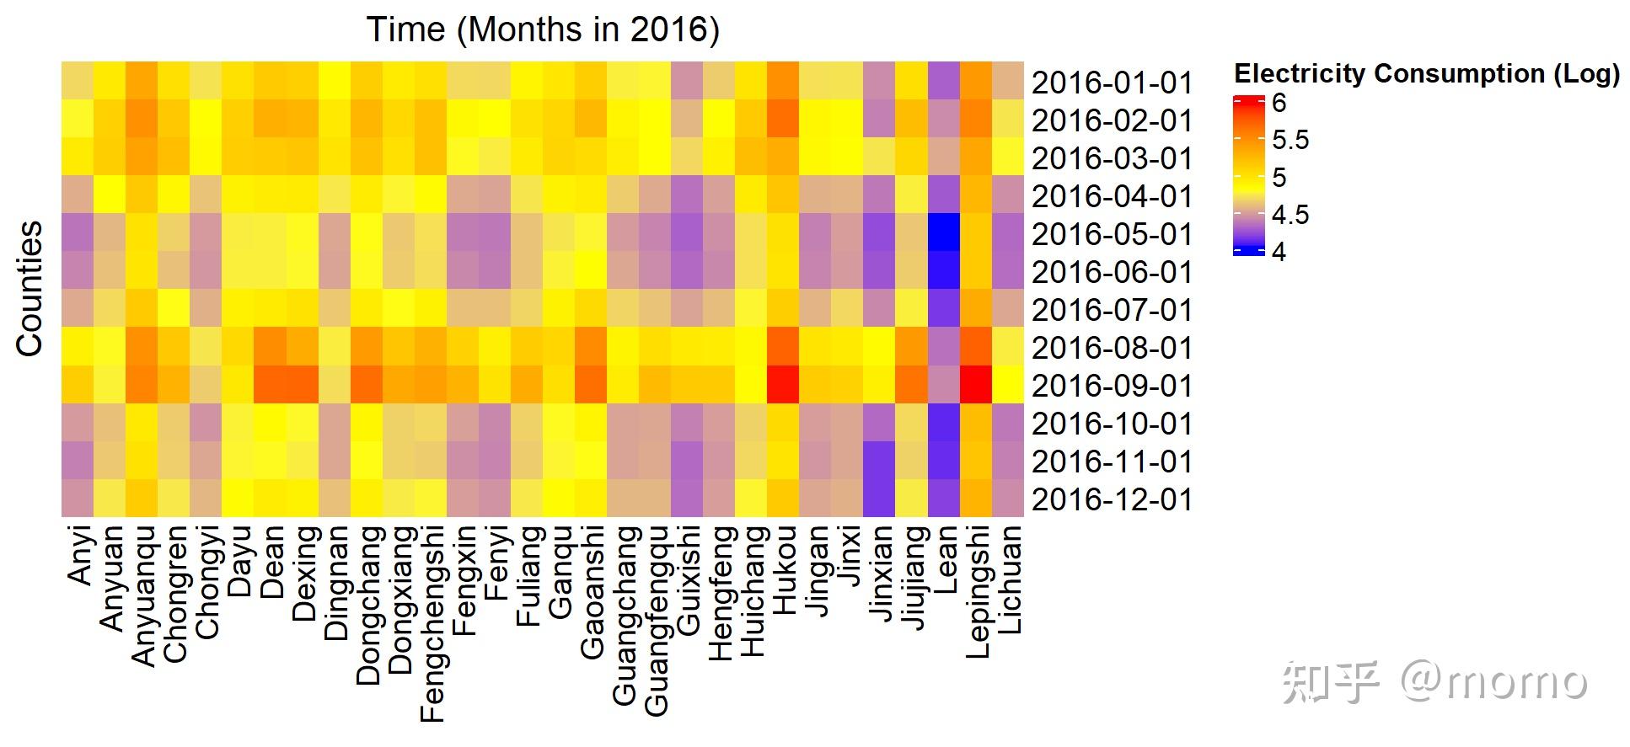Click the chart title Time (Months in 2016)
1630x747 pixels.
click(x=543, y=30)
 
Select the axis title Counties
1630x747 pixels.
click(x=29, y=289)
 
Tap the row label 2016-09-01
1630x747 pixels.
click(x=1112, y=386)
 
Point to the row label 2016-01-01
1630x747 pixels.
click(x=1112, y=83)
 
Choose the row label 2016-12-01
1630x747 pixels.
click(x=1112, y=499)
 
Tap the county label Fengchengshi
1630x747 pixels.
click(x=431, y=624)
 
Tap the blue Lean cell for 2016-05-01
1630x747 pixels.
click(x=944, y=232)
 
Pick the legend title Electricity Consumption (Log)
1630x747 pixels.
click(x=1426, y=74)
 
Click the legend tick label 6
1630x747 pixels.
click(x=1279, y=103)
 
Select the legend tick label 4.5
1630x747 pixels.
click(x=1290, y=215)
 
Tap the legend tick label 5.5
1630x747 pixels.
click(x=1290, y=140)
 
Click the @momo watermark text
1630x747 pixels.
click(x=1493, y=680)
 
